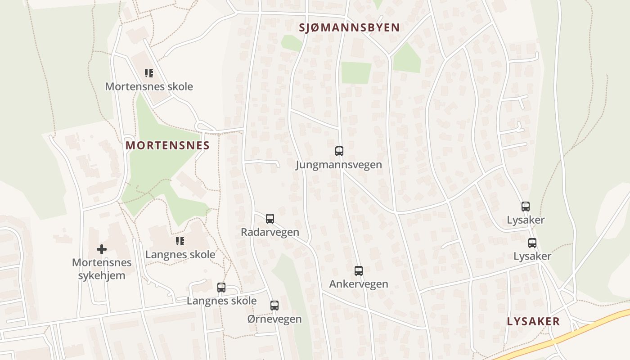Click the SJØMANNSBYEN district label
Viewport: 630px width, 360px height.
[349, 27]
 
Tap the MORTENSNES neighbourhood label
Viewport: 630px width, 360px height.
[167, 145]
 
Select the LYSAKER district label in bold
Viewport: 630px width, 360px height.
[533, 321]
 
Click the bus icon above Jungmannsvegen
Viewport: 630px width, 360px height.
[339, 151]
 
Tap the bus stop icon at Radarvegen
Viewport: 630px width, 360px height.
[270, 219]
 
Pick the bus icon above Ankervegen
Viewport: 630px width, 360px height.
[359, 271]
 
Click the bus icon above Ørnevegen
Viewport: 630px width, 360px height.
[274, 306]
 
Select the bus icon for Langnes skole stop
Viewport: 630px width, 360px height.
[221, 288]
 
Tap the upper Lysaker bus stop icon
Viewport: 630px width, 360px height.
[526, 207]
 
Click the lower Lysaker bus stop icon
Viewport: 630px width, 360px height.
[532, 243]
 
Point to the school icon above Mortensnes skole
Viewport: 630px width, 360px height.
[149, 73]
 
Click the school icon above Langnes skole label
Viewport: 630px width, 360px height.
[180, 241]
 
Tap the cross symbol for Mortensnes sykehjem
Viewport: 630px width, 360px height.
[102, 249]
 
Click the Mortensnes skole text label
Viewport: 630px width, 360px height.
[149, 86]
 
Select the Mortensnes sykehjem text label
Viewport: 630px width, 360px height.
[102, 269]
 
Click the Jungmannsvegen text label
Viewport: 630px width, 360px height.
[339, 165]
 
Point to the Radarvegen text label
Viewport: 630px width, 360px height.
[270, 232]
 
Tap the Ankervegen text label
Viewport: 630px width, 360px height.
[359, 284]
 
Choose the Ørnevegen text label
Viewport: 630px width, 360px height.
[274, 319]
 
